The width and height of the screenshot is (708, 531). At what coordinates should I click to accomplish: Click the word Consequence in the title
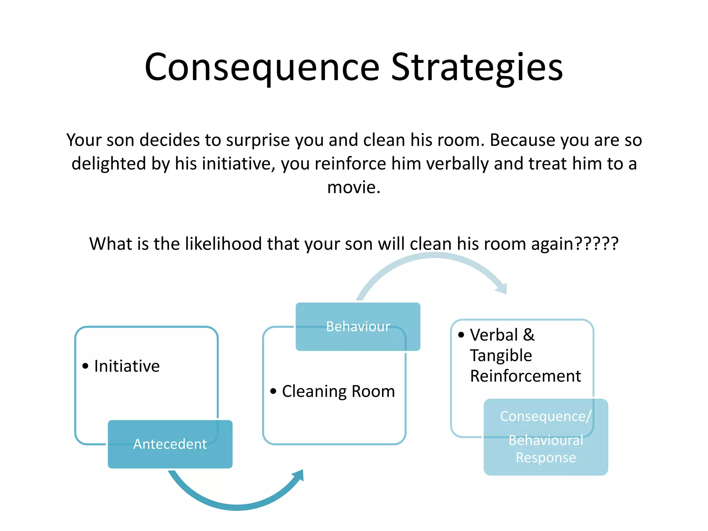[262, 67]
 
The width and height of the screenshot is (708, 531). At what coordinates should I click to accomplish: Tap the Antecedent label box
[170, 444]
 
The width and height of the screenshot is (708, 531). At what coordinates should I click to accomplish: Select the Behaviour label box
[358, 326]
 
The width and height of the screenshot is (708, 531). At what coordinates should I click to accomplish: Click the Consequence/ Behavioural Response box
[546, 437]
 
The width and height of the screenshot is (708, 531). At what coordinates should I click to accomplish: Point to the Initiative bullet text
[127, 366]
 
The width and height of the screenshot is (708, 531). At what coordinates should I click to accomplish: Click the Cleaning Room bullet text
[338, 391]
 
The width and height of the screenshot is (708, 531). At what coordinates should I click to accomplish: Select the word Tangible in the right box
[501, 355]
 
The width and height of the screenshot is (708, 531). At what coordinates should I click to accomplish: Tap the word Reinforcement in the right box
[525, 376]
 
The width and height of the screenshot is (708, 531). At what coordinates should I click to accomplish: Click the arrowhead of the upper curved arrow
[502, 288]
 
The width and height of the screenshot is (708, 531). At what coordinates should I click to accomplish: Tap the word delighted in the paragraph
[109, 164]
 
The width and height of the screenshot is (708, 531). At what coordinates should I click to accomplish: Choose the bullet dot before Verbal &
[461, 335]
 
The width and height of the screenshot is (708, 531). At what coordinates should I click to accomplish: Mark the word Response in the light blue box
[546, 457]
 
